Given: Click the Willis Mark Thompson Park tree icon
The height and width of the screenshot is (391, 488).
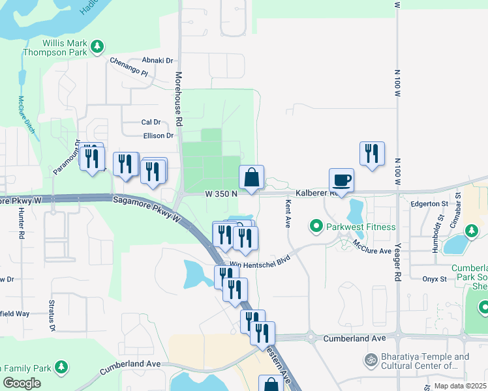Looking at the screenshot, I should (97, 46).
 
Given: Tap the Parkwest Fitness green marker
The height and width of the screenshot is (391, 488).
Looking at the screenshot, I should (316, 227).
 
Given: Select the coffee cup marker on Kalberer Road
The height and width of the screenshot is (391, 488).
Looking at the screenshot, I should (341, 179).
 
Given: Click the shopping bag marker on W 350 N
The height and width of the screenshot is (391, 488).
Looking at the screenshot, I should (251, 177).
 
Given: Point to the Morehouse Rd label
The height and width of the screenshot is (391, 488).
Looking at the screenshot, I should (178, 98).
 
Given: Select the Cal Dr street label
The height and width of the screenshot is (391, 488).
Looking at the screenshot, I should (151, 122).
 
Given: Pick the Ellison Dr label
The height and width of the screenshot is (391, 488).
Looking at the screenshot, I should (159, 136).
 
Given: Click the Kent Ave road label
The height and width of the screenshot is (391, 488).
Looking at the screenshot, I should (287, 214).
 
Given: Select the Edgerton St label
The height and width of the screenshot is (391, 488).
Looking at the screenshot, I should (427, 204).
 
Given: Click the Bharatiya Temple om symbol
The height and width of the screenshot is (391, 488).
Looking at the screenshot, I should (371, 360).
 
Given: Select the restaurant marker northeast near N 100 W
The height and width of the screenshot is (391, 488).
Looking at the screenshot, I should (371, 154).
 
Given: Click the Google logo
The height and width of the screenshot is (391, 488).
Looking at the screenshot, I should (22, 383).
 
